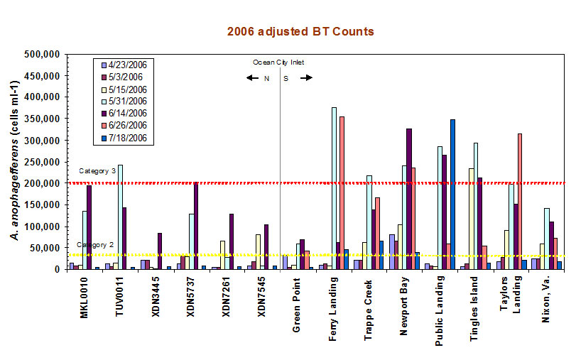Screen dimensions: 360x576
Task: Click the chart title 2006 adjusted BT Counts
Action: pos(300,32)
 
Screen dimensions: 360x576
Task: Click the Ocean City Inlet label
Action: pos(278,62)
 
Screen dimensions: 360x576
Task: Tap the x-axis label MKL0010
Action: pos(85,302)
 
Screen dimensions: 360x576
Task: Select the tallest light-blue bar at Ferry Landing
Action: pos(334,189)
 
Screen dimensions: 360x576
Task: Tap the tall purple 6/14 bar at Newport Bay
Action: pos(409,199)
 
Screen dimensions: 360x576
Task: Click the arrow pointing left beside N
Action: pos(252,78)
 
